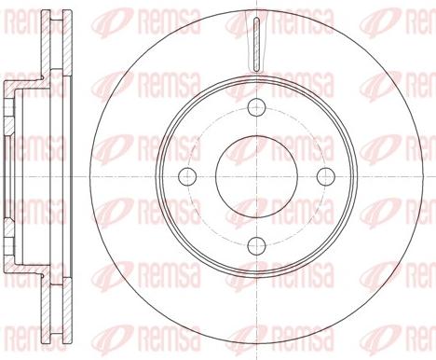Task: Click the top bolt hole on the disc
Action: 255,104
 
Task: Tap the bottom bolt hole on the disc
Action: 255,245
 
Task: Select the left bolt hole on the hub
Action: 185,175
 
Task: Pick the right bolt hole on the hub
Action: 325,175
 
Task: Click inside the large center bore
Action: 255,175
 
